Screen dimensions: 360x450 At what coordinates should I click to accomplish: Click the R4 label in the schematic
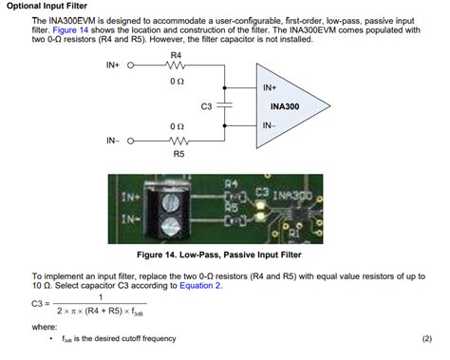[x=176, y=56]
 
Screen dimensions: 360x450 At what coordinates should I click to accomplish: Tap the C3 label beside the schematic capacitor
[x=206, y=106]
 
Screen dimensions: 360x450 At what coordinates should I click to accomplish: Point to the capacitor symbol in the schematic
[x=225, y=105]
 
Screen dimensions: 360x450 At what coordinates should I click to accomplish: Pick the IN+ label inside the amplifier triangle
[x=270, y=87]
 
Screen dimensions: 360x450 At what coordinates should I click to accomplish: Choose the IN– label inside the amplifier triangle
[x=270, y=125]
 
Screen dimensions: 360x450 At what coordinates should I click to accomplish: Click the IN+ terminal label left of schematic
[x=113, y=66]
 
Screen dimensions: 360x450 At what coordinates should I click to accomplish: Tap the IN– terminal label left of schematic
[x=113, y=140]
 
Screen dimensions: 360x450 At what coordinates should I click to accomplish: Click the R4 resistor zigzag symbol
[x=176, y=66]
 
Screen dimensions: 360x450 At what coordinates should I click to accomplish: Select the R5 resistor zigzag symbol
[x=176, y=140]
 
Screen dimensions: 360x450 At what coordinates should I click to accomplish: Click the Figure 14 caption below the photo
[x=225, y=256]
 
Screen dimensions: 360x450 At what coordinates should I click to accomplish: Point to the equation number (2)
[x=426, y=338]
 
